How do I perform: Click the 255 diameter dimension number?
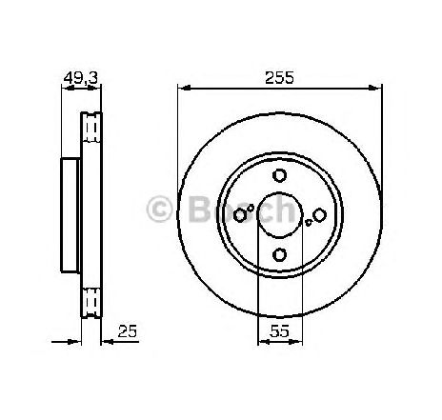[279, 77]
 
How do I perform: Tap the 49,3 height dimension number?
[81, 78]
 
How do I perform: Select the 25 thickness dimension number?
[128, 331]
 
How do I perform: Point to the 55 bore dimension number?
[280, 331]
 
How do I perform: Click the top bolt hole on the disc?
[280, 175]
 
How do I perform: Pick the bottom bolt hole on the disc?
[280, 254]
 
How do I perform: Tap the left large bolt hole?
[240, 215]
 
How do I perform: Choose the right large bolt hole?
[319, 215]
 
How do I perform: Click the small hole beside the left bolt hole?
[251, 209]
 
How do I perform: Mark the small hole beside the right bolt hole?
[308, 222]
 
